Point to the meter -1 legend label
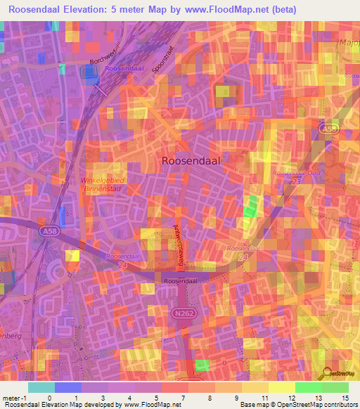(14, 398)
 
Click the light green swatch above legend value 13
(308, 387)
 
